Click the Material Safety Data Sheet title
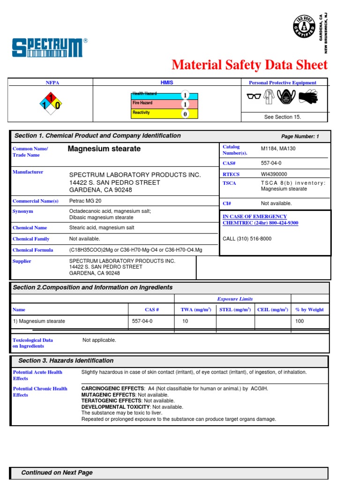point(249,65)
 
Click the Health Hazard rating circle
point(185,95)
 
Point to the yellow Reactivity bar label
point(141,113)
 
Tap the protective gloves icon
point(307,97)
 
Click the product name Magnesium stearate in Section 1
point(104,149)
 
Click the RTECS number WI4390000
point(274,174)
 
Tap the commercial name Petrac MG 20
point(85,201)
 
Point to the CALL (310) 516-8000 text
point(247,239)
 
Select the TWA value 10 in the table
point(185,321)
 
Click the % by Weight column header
point(309,310)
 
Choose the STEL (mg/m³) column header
point(235,310)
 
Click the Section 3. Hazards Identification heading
point(66,360)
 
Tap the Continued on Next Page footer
point(57,472)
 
